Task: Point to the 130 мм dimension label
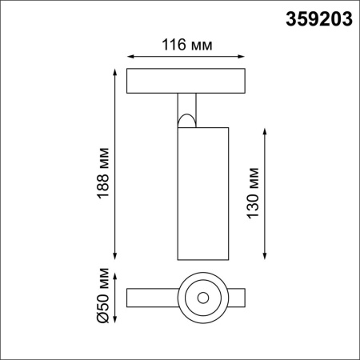coord(254,193)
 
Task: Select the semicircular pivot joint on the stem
coord(186,121)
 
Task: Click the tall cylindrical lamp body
coord(202,192)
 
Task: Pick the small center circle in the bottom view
coord(202,298)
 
